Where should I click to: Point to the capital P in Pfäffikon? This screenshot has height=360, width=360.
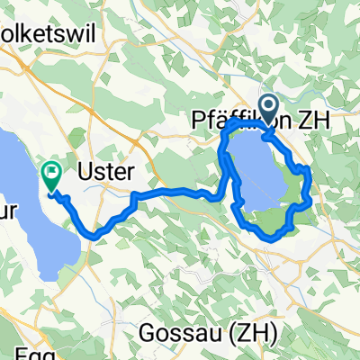point(200,120)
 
